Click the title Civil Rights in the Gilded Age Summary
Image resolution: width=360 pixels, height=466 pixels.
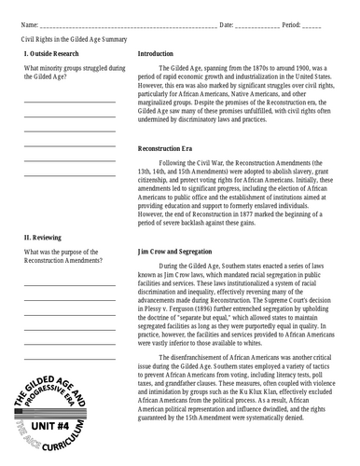pyautogui.click(x=76, y=40)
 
